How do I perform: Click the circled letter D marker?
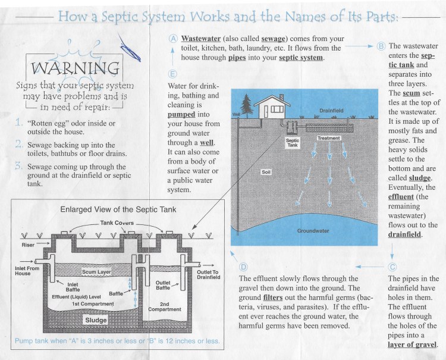(x=243, y=266)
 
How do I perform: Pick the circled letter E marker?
(x=172, y=74)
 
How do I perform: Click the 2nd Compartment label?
(x=161, y=305)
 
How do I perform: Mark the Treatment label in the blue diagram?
(x=329, y=138)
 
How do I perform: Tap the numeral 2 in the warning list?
(x=20, y=145)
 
